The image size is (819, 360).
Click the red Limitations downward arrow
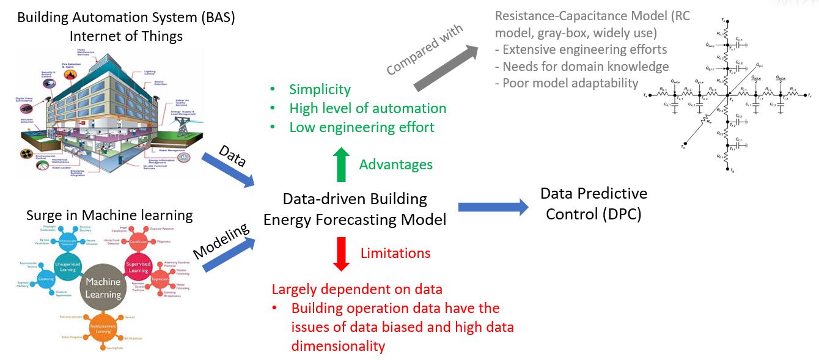(x=341, y=253)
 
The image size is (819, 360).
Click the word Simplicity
(x=320, y=89)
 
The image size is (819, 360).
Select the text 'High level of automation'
(x=367, y=108)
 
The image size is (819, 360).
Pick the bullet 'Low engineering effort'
(x=361, y=127)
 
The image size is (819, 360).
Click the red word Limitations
(x=395, y=253)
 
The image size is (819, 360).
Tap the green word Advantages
(x=395, y=164)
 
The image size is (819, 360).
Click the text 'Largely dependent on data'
(x=357, y=289)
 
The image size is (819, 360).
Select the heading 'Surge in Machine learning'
(x=109, y=215)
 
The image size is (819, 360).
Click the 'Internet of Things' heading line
(x=126, y=36)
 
